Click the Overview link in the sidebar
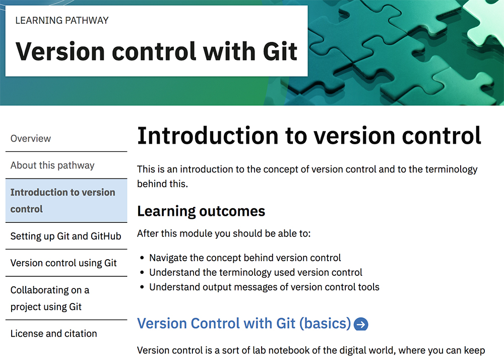[x=31, y=139]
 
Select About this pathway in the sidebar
[x=52, y=165]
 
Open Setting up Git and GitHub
[x=66, y=236]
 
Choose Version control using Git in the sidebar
[x=64, y=263]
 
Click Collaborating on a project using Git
[x=50, y=298]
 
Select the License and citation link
[x=54, y=334]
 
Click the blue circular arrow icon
[x=361, y=324]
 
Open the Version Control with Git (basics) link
[x=244, y=323]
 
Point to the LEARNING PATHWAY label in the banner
[x=62, y=20]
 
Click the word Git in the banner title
[x=280, y=51]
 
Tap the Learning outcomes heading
[x=201, y=211]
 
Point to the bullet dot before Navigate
[x=142, y=258]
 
